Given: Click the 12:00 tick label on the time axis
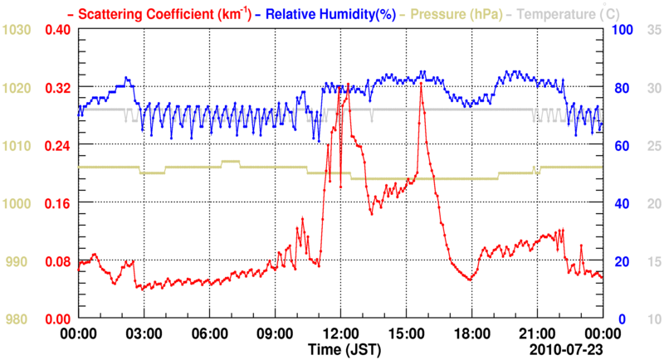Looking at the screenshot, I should (x=339, y=333).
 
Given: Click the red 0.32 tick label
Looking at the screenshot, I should (x=56, y=87).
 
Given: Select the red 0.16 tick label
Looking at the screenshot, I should (x=56, y=203).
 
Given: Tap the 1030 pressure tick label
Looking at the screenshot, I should (x=17, y=30).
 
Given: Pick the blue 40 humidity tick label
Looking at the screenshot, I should (x=619, y=203).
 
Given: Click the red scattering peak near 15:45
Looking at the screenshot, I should (x=422, y=84).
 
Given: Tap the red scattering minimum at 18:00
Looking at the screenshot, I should (x=470, y=280).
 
